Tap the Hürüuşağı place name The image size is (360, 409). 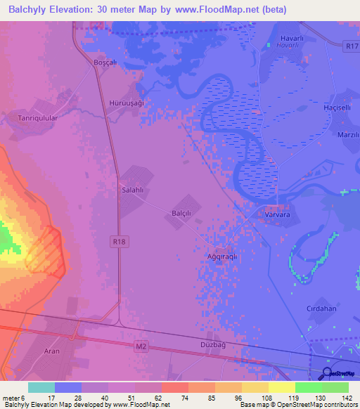pyautogui.click(x=127, y=103)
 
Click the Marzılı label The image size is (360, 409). pyautogui.click(x=349, y=135)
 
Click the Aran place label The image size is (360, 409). pyautogui.click(x=52, y=351)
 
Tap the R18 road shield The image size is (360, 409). pyautogui.click(x=120, y=241)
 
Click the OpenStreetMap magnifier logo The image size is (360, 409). pyautogui.click(x=328, y=373)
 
